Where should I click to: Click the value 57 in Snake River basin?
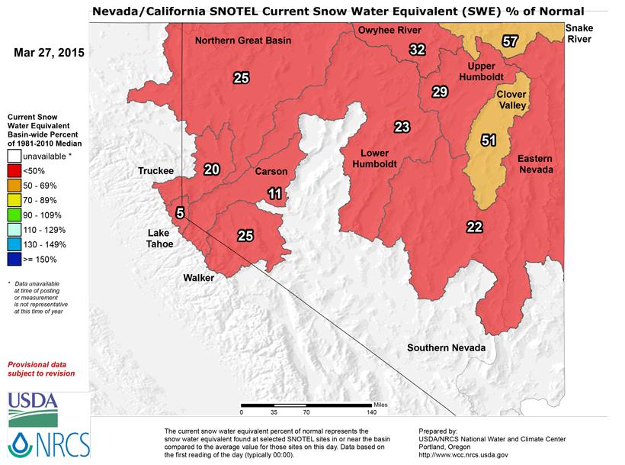click(510, 41)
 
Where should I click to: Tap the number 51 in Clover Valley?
click(489, 140)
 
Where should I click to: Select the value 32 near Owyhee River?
click(416, 50)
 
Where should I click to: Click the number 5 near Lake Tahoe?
click(180, 213)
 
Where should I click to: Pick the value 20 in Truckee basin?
click(211, 170)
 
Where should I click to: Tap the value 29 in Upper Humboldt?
click(439, 92)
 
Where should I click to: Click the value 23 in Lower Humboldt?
click(402, 126)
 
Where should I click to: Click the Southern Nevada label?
click(446, 348)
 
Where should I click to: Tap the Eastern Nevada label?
click(535, 163)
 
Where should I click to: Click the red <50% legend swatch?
click(14, 170)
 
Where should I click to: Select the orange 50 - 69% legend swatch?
click(14, 185)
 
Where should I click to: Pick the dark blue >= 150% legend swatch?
click(14, 259)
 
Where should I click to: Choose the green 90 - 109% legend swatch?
click(14, 215)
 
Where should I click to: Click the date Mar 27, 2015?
click(49, 54)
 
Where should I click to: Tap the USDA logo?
click(33, 408)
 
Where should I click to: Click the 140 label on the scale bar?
click(372, 412)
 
